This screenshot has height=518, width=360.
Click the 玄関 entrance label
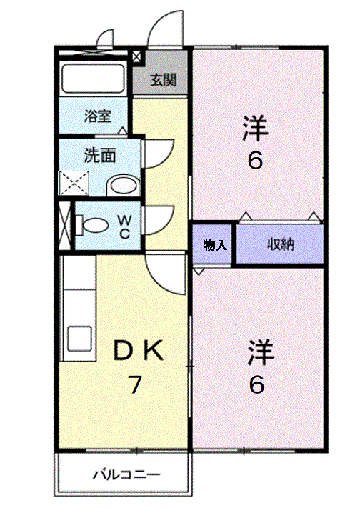164,80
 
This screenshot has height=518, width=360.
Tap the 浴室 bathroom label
97,116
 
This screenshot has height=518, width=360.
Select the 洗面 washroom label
100,155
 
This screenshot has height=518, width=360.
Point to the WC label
124,226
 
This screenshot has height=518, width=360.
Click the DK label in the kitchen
139,350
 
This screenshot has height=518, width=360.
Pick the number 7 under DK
135,384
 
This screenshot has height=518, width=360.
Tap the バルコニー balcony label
126,475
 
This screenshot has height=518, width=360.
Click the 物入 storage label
215,245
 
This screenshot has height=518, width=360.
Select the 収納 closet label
281,244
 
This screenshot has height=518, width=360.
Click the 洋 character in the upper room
255,128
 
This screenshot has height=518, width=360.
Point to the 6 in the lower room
256,384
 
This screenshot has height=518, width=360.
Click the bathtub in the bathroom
93,79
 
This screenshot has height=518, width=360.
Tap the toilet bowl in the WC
93,225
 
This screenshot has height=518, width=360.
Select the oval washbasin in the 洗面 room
123,186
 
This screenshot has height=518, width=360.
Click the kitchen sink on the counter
79,339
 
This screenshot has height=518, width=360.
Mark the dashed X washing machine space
74,184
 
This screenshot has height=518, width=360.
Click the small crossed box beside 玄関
136,57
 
